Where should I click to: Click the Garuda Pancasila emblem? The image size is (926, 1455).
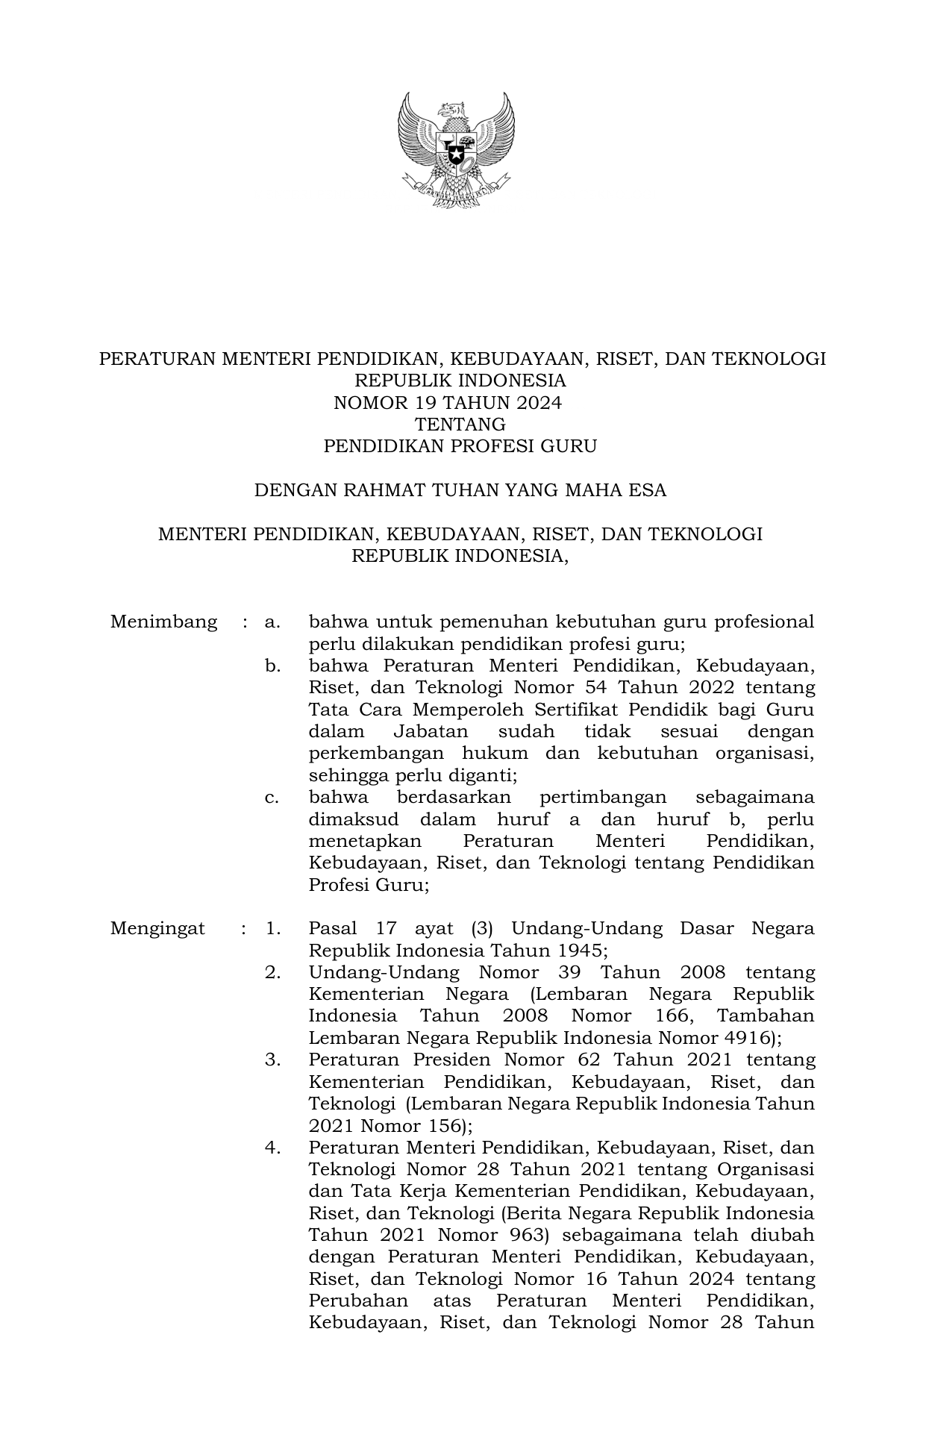point(456,150)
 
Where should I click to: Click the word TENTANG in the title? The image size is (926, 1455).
point(460,425)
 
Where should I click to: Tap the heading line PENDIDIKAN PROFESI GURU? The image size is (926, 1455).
point(460,447)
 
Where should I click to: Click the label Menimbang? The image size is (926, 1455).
point(163,622)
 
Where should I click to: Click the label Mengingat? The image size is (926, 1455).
point(157,928)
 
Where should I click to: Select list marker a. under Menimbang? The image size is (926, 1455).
point(272,622)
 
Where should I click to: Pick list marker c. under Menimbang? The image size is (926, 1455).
point(272,798)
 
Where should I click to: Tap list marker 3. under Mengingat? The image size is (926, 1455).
point(272,1060)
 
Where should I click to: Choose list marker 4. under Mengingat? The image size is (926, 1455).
point(272,1148)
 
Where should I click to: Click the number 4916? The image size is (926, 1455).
point(748,1038)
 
